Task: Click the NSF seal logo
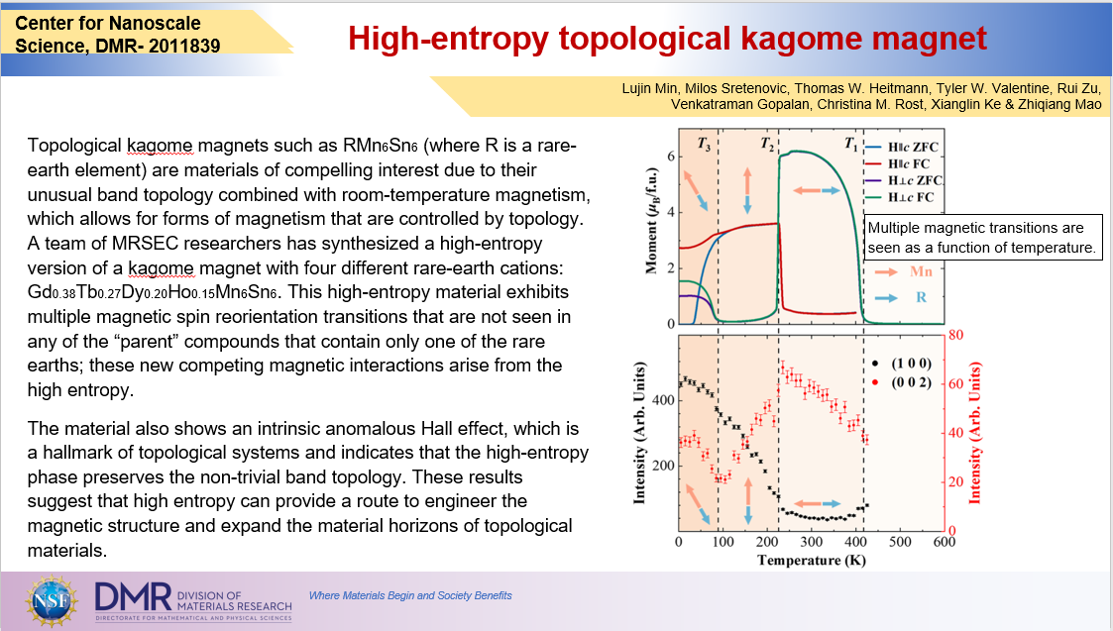tap(52, 600)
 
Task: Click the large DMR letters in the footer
tap(134, 597)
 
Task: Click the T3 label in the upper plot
tap(704, 144)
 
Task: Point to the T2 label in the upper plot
tap(767, 144)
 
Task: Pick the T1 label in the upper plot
tap(851, 144)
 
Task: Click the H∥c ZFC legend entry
tap(904, 147)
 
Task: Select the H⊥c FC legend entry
tap(902, 197)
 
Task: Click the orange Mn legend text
tap(921, 271)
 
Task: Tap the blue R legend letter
tap(922, 297)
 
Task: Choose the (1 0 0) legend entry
tap(902, 364)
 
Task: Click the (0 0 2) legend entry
tap(902, 382)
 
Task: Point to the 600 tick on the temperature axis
tap(945, 542)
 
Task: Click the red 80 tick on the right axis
tap(955, 335)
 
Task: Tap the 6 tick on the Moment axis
tap(671, 157)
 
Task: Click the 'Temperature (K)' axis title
tap(812, 560)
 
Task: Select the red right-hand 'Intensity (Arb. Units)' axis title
tap(974, 433)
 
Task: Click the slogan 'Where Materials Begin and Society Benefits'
tap(410, 595)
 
